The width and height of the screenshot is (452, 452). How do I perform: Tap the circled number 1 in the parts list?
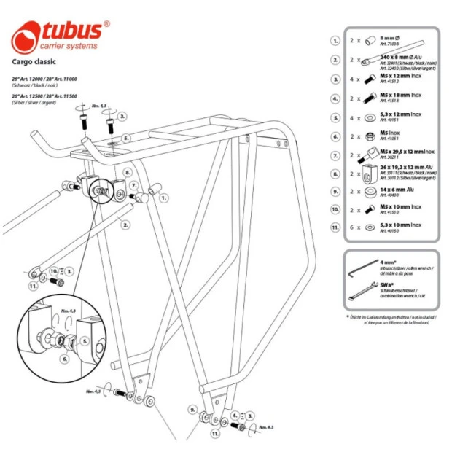coord(336,42)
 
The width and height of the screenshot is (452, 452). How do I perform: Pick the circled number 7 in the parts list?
coord(336,155)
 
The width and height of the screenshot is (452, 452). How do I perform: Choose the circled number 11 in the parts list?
coord(336,227)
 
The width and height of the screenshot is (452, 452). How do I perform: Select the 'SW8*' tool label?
coord(386,284)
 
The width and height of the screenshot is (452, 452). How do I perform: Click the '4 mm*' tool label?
coord(389,262)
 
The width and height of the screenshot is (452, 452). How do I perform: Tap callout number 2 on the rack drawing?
coord(126,225)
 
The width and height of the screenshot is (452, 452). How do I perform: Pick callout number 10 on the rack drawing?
coord(53,270)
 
